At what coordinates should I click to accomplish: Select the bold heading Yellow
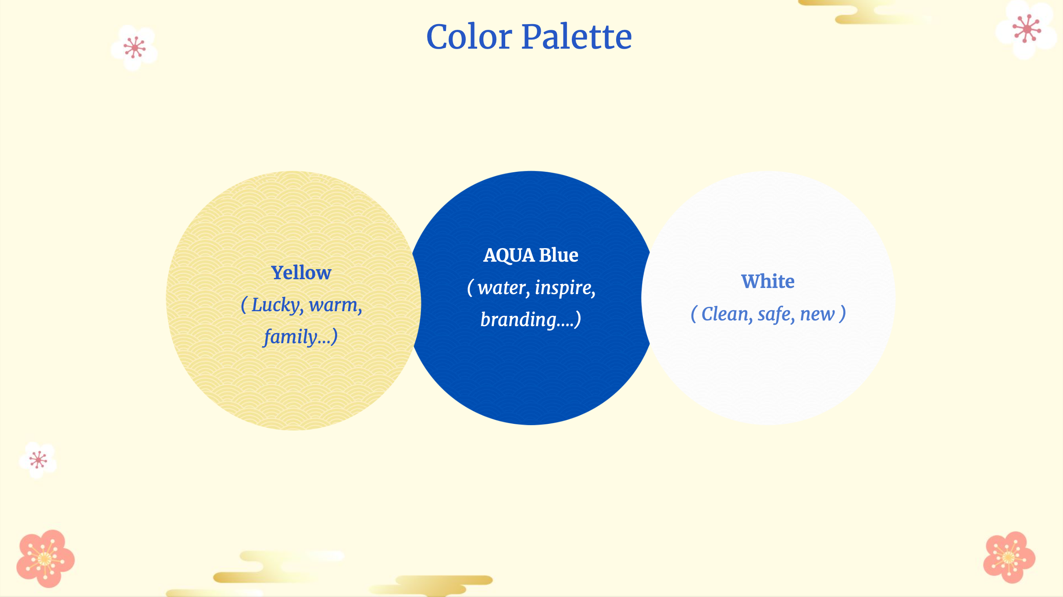point(301,273)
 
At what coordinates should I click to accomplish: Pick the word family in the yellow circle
point(290,337)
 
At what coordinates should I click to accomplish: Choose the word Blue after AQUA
point(559,255)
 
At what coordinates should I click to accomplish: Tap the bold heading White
point(768,281)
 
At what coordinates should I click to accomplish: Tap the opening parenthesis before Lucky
point(244,305)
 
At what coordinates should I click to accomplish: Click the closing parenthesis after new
point(842,314)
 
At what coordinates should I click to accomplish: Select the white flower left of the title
point(134,48)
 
